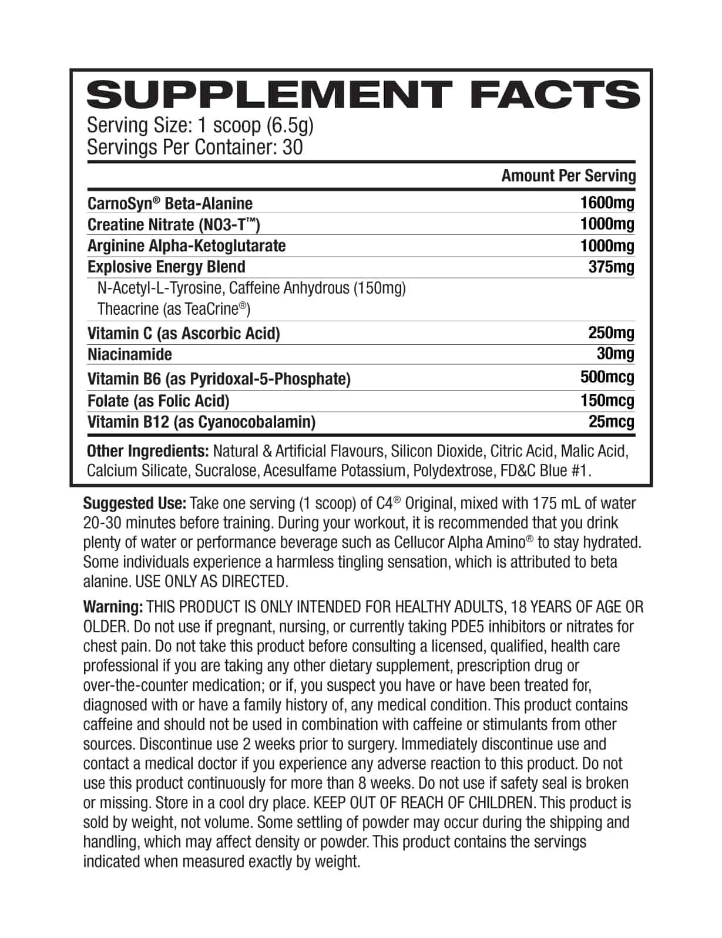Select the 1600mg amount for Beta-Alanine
pyautogui.click(x=607, y=203)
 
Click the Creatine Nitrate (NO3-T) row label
pyautogui.click(x=173, y=224)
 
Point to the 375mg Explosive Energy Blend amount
pyautogui.click(x=611, y=267)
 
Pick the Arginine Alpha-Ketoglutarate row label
pyautogui.click(x=186, y=246)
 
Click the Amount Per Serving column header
pyautogui.click(x=568, y=176)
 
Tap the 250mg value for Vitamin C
pyautogui.click(x=611, y=333)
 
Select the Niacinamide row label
pyautogui.click(x=129, y=355)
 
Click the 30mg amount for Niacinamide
pyautogui.click(x=615, y=354)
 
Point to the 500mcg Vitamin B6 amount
pyautogui.click(x=607, y=377)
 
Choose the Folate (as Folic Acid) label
pyautogui.click(x=158, y=401)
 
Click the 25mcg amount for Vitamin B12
pyautogui.click(x=611, y=422)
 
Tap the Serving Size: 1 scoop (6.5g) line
pyautogui.click(x=200, y=126)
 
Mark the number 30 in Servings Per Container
pyautogui.click(x=293, y=147)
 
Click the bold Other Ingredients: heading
pyautogui.click(x=147, y=451)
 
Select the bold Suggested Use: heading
pyautogui.click(x=135, y=503)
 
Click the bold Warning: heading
pyautogui.click(x=113, y=607)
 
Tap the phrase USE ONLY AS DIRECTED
pyautogui.click(x=212, y=581)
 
